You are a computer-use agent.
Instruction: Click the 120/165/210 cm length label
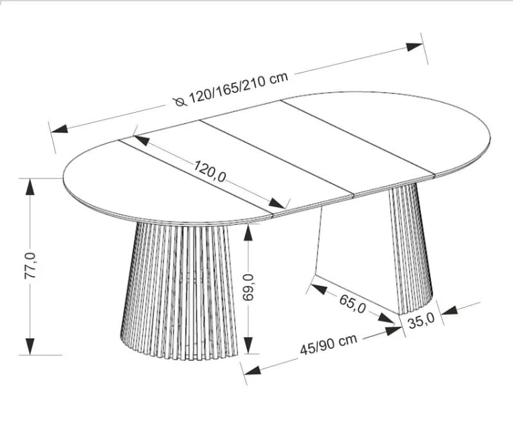[x=239, y=88]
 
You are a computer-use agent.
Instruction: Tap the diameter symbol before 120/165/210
[x=180, y=102]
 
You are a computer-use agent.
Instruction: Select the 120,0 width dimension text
[x=210, y=171]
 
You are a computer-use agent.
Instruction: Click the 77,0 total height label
[x=30, y=266]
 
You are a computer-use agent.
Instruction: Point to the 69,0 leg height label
[x=248, y=287]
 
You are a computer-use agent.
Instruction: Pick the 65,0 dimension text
[x=352, y=304]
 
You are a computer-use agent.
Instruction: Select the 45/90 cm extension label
[x=328, y=345]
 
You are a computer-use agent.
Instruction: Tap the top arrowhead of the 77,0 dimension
[x=30, y=187]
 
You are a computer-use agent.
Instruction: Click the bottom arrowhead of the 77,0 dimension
[x=30, y=347]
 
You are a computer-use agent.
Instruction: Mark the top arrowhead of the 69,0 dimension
[x=248, y=233]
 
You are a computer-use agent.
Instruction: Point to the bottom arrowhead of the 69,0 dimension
[x=248, y=345]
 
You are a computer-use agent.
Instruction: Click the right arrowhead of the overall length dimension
[x=415, y=47]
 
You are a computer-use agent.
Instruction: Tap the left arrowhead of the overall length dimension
[x=60, y=129]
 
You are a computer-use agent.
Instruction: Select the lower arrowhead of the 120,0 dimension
[x=276, y=204]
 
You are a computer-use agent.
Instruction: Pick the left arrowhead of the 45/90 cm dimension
[x=252, y=370]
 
